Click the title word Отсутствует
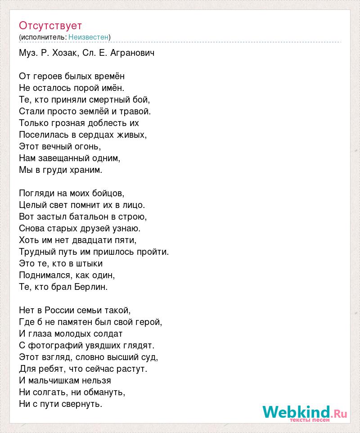point(50,25)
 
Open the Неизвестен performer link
point(88,37)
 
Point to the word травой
point(135,112)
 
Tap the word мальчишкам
point(68,381)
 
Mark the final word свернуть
point(82,404)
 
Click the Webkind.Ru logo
point(305,412)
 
